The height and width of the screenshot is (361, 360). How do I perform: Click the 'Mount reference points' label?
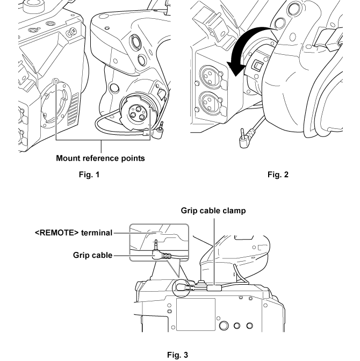[101, 158]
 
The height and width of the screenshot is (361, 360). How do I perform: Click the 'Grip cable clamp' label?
[213, 211]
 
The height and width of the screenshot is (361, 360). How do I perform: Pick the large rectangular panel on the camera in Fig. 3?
[195, 314]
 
